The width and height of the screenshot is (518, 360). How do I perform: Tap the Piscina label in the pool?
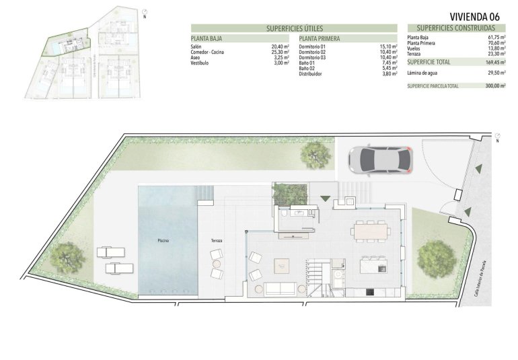coord(163,240)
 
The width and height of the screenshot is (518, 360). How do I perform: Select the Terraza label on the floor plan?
coord(215,240)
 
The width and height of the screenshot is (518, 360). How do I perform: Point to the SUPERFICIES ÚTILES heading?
coord(295,28)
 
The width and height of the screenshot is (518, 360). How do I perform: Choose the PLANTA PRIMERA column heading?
coord(319,39)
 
